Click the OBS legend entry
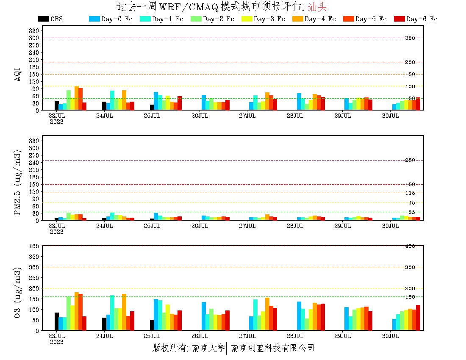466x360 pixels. pyautogui.click(x=50, y=19)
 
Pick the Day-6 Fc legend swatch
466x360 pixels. pyautogui.click(x=399, y=19)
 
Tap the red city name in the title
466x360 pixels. pyautogui.click(x=317, y=7)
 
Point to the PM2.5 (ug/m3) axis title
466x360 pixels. pyautogui.click(x=18, y=182)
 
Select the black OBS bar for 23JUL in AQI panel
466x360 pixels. pyautogui.click(x=57, y=106)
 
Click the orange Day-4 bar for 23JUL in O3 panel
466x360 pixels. pyautogui.click(x=77, y=311)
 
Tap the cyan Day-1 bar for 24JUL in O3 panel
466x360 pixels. pyautogui.click(x=112, y=313)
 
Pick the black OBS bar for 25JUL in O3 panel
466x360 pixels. pyautogui.click(x=152, y=325)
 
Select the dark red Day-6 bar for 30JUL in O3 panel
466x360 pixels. pyautogui.click(x=418, y=318)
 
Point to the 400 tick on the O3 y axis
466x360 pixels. pyautogui.click(x=34, y=246)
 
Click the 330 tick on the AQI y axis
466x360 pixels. pyautogui.click(x=34, y=30)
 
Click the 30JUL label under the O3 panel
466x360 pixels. pyautogui.click(x=390, y=336)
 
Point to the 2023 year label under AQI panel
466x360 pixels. pyautogui.click(x=57, y=122)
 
